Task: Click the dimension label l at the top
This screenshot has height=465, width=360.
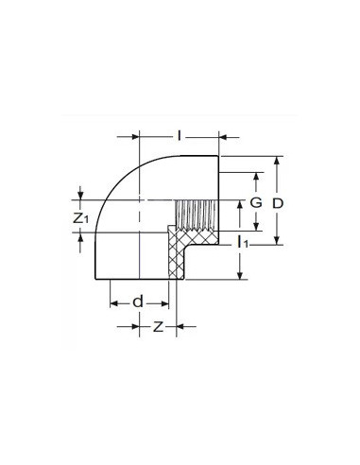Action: (x=180, y=123)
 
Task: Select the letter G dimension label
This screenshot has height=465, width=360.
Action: (x=253, y=204)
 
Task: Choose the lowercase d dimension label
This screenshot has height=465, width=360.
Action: (x=138, y=301)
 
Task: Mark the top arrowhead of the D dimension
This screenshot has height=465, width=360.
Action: (x=276, y=162)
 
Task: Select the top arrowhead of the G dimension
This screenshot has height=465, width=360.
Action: (x=252, y=177)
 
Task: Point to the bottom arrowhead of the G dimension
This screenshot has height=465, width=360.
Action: (x=252, y=229)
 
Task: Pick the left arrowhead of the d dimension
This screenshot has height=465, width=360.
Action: (x=112, y=303)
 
